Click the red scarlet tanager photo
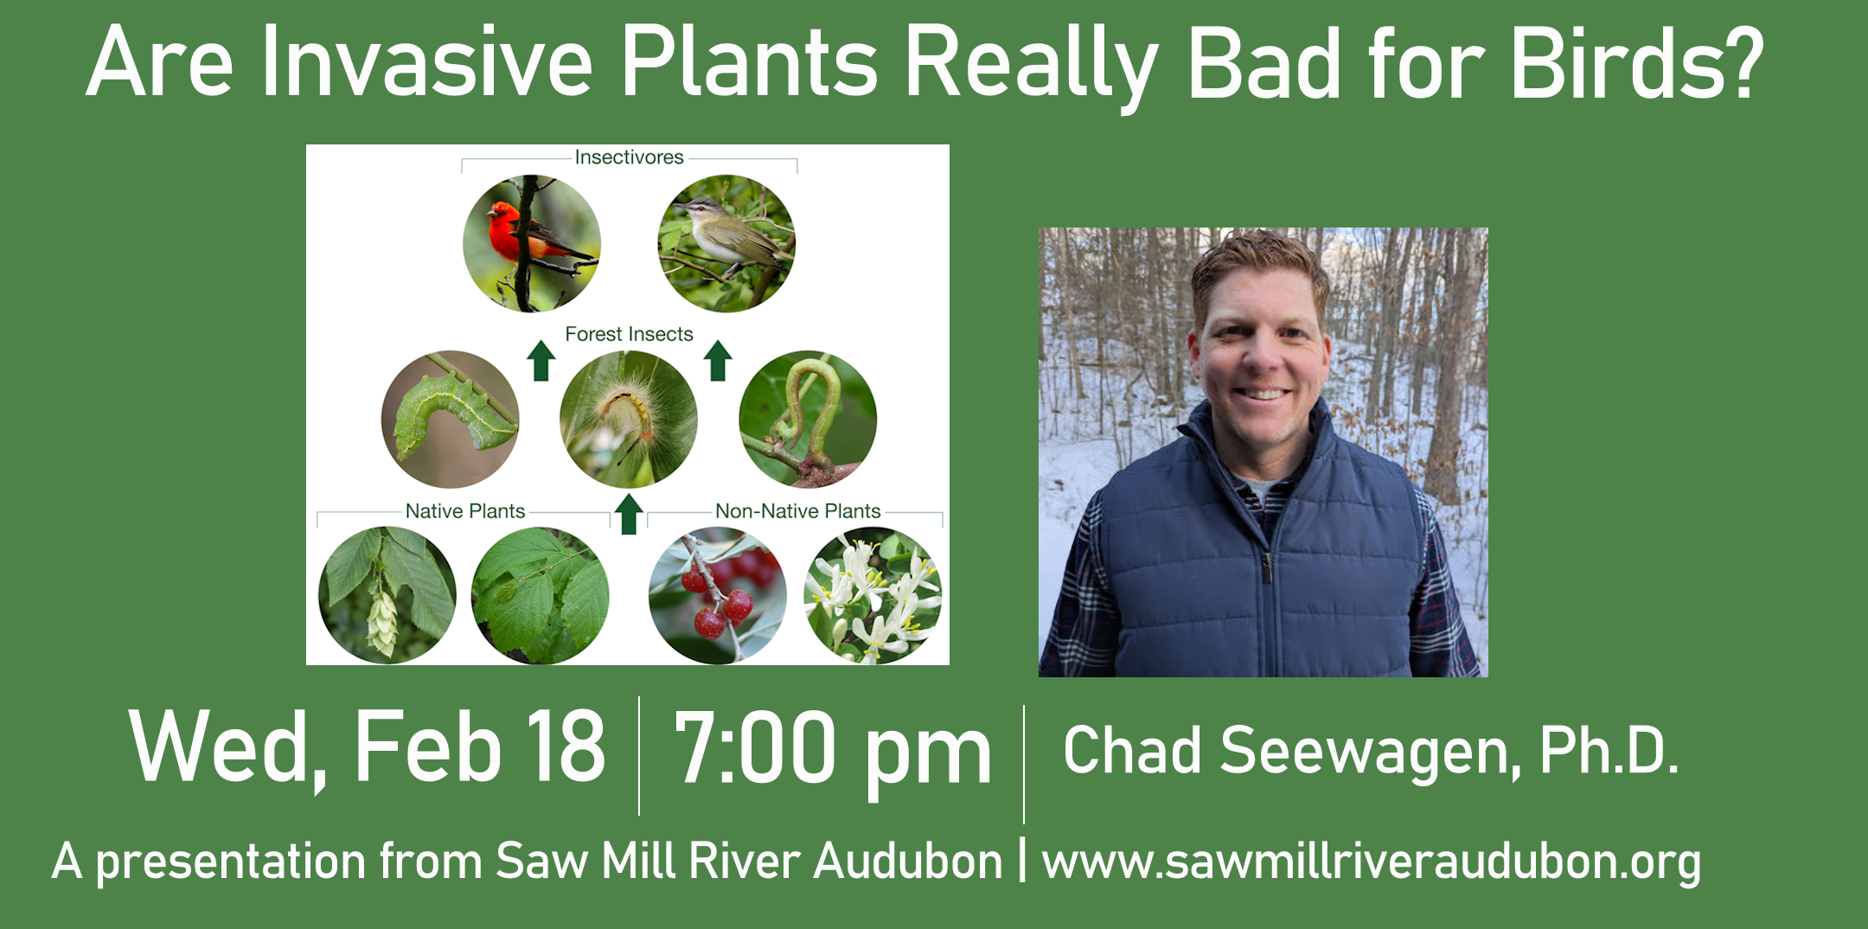[531, 244]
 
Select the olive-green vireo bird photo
[726, 244]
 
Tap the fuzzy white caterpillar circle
[629, 420]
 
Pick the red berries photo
[718, 596]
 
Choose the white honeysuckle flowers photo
[873, 596]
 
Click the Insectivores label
[629, 157]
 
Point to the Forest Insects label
[629, 334]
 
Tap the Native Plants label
[465, 511]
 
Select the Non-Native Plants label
[797, 511]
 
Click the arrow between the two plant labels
[629, 514]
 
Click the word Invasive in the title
[427, 62]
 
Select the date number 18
[566, 746]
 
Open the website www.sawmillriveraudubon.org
[1372, 862]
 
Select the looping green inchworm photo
[808, 420]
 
